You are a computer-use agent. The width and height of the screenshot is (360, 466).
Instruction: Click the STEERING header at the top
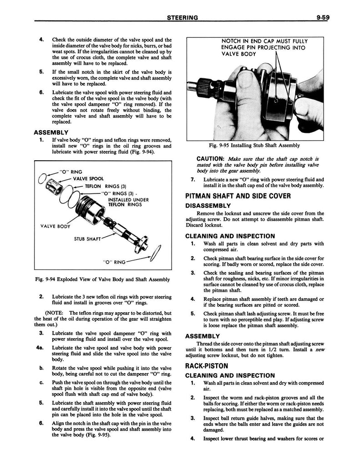point(182,18)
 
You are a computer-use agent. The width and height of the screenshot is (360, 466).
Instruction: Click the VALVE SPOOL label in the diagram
point(88,179)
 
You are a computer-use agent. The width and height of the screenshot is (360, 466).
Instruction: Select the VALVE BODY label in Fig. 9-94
point(55,226)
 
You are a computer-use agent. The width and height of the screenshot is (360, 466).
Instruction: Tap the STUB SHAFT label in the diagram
point(88,238)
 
